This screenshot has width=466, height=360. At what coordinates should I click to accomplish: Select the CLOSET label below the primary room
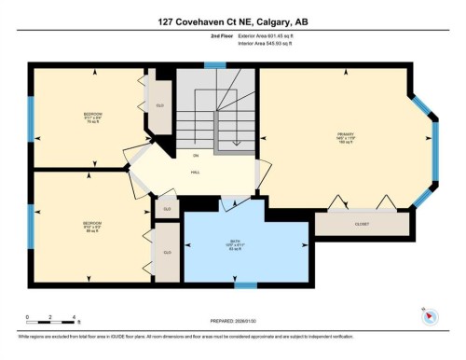pyautogui.click(x=362, y=224)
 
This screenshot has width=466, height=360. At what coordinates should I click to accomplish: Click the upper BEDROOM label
pyautogui.click(x=91, y=116)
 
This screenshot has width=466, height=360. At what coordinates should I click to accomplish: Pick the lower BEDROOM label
pyautogui.click(x=91, y=224)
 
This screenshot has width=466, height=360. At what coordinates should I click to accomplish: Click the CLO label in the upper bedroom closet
pyautogui.click(x=159, y=106)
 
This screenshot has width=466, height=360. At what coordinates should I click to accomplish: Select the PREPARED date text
pyautogui.click(x=233, y=322)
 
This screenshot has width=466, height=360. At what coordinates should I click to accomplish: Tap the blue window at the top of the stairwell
pyautogui.click(x=215, y=65)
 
